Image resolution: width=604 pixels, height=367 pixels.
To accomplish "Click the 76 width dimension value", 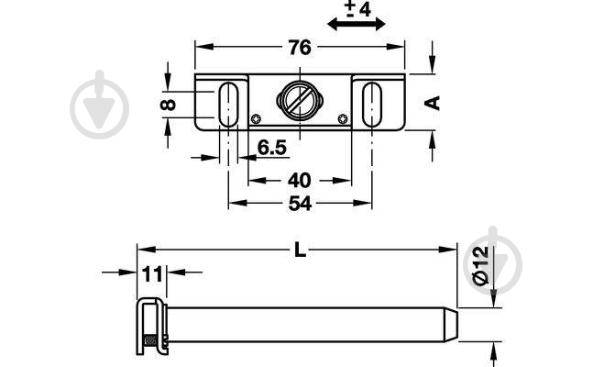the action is click(300, 48).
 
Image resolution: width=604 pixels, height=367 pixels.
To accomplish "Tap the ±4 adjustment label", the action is click(357, 9).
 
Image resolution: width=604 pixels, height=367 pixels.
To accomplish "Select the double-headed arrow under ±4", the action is click(357, 24).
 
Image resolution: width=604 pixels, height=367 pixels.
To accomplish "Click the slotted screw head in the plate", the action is click(300, 101).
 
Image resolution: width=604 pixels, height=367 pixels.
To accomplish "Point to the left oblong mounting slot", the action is click(229, 104).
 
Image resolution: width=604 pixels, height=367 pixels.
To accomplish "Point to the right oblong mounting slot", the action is click(372, 104).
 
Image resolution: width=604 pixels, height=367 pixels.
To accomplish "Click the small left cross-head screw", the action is click(256, 119).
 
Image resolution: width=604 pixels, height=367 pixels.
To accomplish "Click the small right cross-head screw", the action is click(343, 119).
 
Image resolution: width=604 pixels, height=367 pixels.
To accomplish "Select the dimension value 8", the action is click(169, 105).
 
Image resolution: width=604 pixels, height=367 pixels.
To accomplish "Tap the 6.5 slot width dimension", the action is click(272, 148).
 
